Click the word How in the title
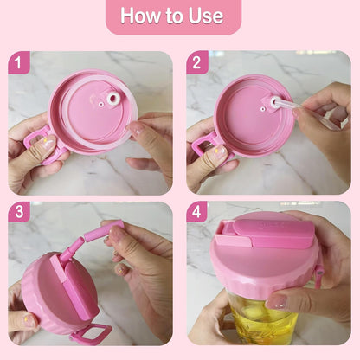click(139, 15)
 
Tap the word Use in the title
click(206, 16)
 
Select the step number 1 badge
click(18, 62)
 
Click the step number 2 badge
click(197, 62)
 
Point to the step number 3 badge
click(19, 212)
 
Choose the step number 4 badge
click(196, 212)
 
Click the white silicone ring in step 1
click(112, 98)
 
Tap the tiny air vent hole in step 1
click(100, 104)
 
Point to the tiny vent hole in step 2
click(262, 109)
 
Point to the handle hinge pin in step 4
click(319, 273)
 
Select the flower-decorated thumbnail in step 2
click(220, 150)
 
